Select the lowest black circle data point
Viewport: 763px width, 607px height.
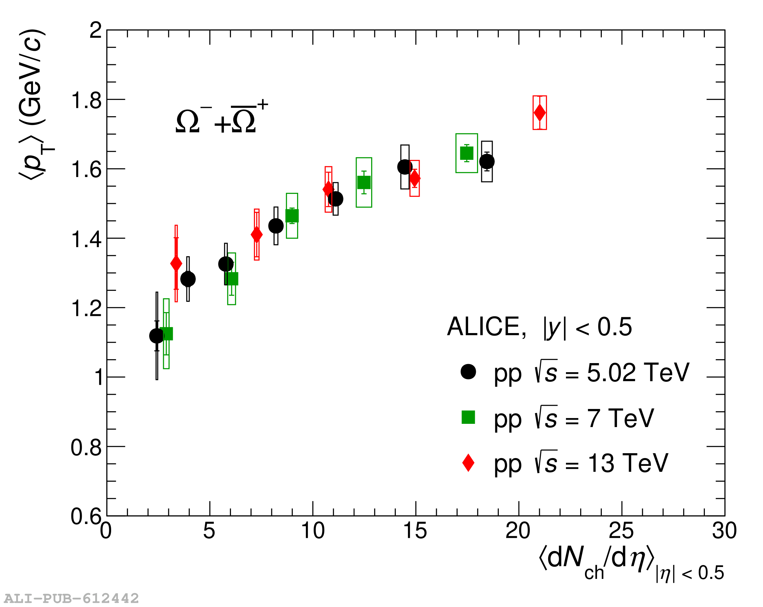tap(157, 336)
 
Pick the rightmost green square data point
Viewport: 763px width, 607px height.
tap(466, 153)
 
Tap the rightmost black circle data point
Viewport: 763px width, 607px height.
tap(486, 162)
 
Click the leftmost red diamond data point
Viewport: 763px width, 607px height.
tap(176, 263)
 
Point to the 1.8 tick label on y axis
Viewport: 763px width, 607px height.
tap(86, 100)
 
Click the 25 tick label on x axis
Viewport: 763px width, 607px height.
tap(621, 531)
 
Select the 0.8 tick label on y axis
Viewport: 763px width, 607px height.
tap(86, 447)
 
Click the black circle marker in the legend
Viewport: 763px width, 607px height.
tap(468, 372)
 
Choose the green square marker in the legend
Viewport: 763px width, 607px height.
tap(468, 417)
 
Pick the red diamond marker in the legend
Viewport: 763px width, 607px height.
tap(468, 463)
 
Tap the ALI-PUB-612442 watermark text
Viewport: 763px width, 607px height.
tap(71, 598)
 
